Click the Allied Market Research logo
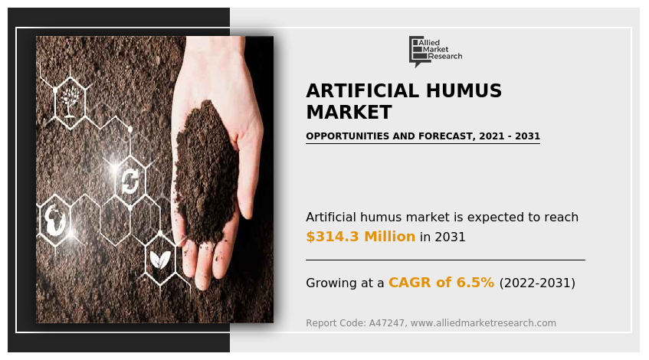click(434, 51)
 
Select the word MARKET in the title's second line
click(349, 113)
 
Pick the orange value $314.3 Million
click(360, 237)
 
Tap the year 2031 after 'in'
click(450, 237)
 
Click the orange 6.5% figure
click(476, 283)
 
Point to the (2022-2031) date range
click(537, 283)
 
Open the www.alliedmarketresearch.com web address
click(483, 323)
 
